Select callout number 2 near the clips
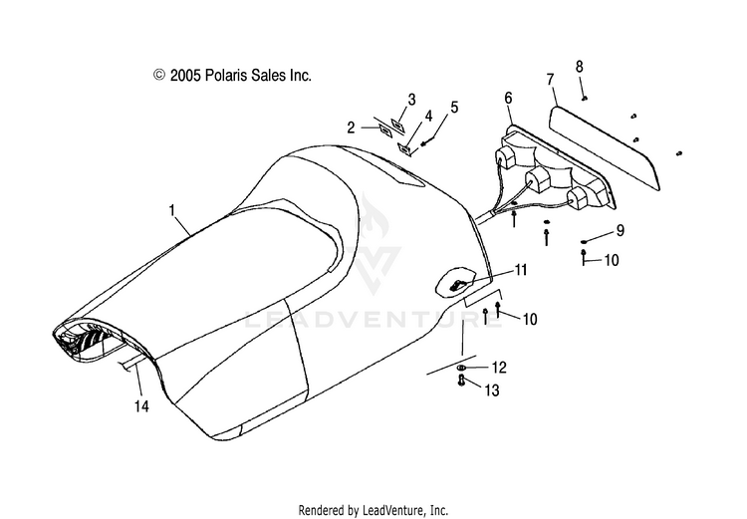click(x=351, y=127)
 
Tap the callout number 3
click(x=410, y=100)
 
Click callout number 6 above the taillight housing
click(x=508, y=98)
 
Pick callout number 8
click(x=579, y=66)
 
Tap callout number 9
click(x=620, y=231)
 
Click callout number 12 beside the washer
click(x=499, y=369)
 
